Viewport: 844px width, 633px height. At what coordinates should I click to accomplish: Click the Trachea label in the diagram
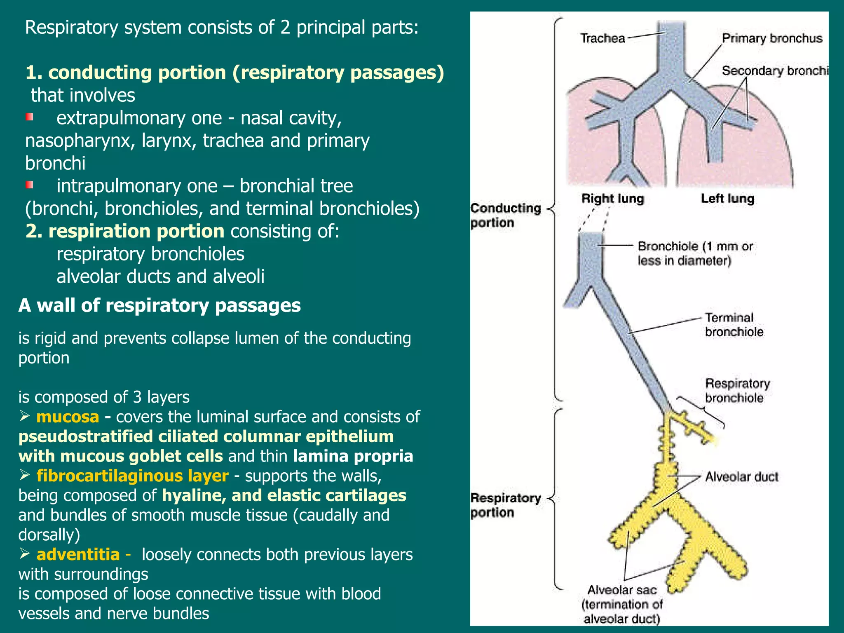tap(603, 39)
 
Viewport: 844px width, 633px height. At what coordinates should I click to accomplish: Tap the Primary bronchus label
tap(772, 38)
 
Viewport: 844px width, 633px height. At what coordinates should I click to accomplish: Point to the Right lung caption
tap(612, 199)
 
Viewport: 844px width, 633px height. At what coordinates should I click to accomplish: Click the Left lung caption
tap(727, 199)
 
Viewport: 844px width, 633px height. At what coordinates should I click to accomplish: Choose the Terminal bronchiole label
tap(734, 325)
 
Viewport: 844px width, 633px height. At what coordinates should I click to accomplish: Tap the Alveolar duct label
tap(741, 477)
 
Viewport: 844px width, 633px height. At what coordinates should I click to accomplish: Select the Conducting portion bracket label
tap(506, 215)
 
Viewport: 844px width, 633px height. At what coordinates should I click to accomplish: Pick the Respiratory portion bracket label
tap(506, 505)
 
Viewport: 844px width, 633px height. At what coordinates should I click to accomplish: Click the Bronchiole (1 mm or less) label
tap(695, 253)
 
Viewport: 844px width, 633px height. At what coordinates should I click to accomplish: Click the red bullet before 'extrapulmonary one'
tap(29, 117)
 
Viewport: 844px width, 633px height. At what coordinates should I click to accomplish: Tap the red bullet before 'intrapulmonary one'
tap(29, 185)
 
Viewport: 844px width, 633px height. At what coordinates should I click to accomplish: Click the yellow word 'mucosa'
tap(68, 417)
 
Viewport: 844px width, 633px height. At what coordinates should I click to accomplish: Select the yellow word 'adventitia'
tap(78, 555)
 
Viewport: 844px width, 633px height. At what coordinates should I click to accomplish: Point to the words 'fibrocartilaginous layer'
tap(132, 476)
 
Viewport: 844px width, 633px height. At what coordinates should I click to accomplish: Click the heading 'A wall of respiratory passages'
tap(159, 306)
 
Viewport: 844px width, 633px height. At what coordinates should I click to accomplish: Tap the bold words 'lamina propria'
tap(353, 456)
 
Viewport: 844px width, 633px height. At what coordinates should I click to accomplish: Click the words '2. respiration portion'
tap(125, 231)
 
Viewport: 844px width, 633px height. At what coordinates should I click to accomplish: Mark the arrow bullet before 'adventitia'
tap(25, 554)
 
